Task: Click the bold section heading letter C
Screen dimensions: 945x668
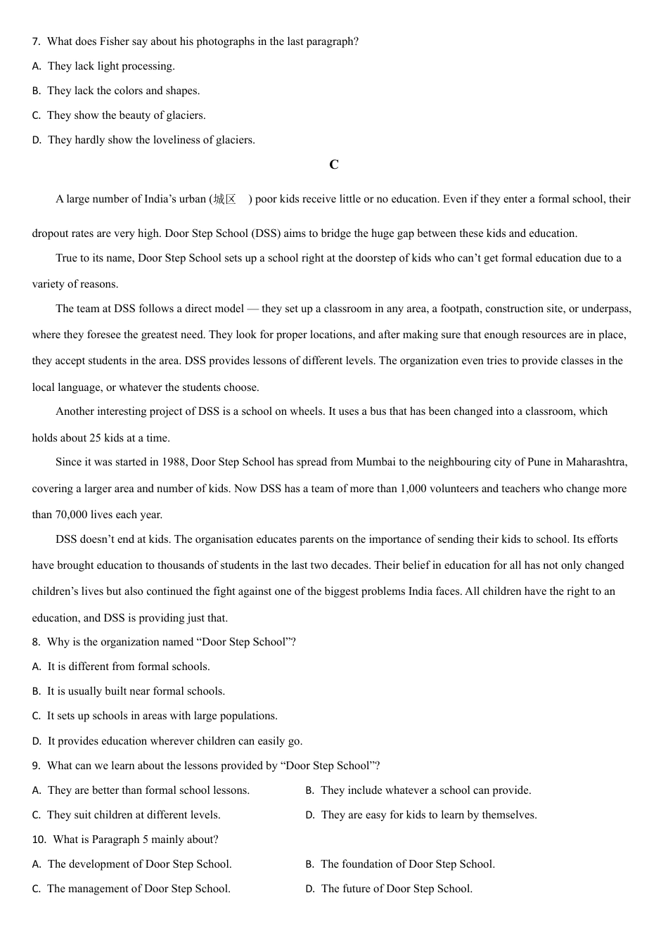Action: coord(334,165)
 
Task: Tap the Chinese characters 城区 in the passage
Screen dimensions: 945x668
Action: coord(225,199)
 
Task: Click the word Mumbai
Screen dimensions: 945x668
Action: coord(375,462)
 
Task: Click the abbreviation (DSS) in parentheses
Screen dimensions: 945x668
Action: coord(266,233)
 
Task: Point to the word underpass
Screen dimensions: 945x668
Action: coord(607,309)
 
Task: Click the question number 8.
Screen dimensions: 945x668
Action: coord(36,642)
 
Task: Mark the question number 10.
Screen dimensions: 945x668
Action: coord(39,840)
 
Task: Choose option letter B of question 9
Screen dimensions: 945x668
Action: coord(309,790)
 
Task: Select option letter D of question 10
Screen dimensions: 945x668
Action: coord(309,889)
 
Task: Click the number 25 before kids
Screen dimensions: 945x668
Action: coord(95,438)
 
